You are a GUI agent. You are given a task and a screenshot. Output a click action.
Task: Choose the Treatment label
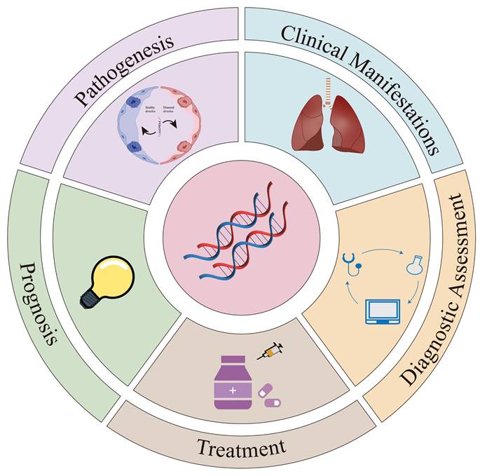pyautogui.click(x=241, y=447)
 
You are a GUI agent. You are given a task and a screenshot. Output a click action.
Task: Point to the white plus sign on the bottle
pyautogui.click(x=232, y=388)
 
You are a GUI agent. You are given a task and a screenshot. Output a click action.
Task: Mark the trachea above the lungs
pyautogui.click(x=324, y=88)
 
